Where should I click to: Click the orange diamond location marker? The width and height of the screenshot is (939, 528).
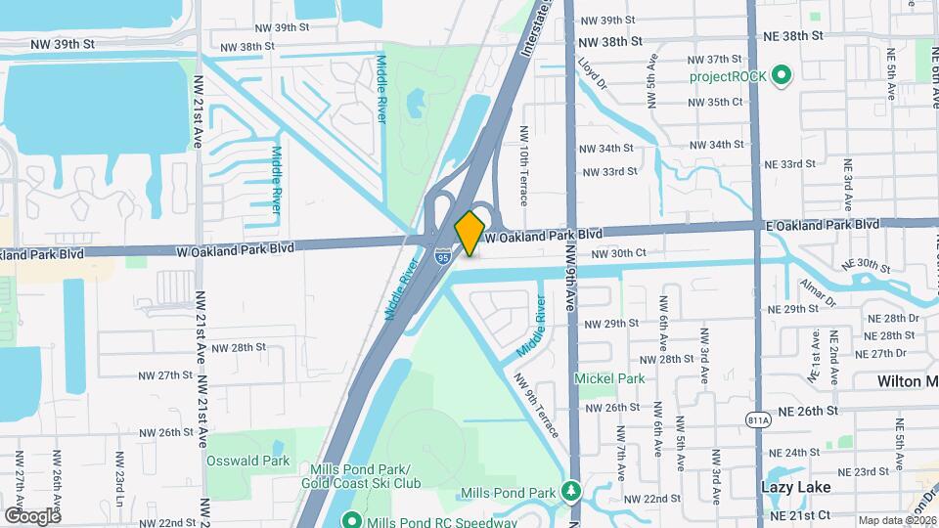470,232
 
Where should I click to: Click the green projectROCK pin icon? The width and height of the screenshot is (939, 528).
782,75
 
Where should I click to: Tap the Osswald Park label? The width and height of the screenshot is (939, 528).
247,460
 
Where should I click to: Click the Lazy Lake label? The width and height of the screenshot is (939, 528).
796,486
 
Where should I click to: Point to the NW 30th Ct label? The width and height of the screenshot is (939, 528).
619,253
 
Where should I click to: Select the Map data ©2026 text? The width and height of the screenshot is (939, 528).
896,520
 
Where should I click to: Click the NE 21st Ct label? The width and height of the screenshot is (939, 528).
799,514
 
